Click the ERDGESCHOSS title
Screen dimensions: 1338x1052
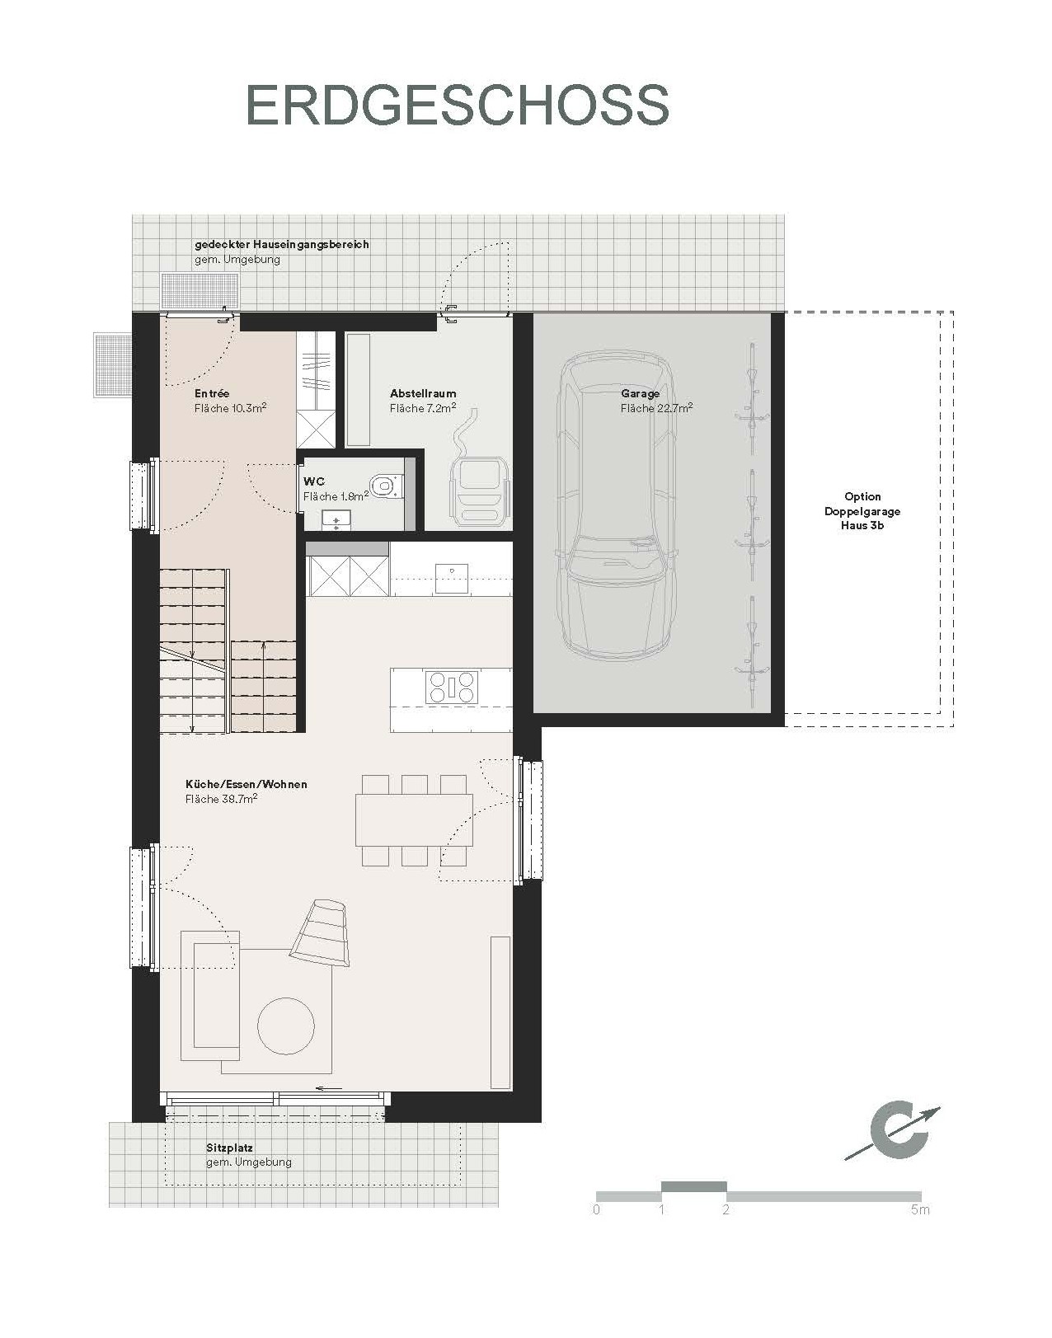(x=458, y=105)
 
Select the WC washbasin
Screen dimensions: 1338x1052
(x=336, y=519)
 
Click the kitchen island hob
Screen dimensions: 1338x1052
(x=451, y=687)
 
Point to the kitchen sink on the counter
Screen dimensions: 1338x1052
(x=451, y=577)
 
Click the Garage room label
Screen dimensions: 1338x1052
(x=641, y=394)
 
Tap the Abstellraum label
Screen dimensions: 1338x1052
(x=423, y=394)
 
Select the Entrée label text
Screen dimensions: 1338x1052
(x=212, y=394)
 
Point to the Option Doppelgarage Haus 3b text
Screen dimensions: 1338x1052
(x=862, y=510)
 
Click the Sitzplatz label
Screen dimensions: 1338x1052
(x=229, y=1148)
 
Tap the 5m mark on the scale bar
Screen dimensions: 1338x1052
(x=921, y=1210)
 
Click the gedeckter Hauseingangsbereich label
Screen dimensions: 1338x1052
(x=281, y=245)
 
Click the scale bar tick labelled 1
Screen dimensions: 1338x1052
(x=661, y=1210)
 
